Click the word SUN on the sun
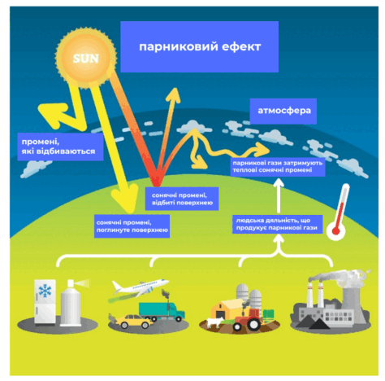point(85,59)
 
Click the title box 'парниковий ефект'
point(199,46)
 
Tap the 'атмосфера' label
point(283,111)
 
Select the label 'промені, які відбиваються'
point(60,147)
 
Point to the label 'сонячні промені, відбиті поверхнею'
point(182,199)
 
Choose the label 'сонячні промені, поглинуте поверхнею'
point(132,226)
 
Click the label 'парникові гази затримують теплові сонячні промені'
point(278,167)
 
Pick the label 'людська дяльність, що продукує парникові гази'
point(277,224)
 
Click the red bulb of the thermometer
point(336,231)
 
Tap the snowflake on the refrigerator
point(45,291)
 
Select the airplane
point(140,287)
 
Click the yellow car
point(134,322)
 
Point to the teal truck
point(162,311)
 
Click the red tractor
point(248,320)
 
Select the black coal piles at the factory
point(313,323)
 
